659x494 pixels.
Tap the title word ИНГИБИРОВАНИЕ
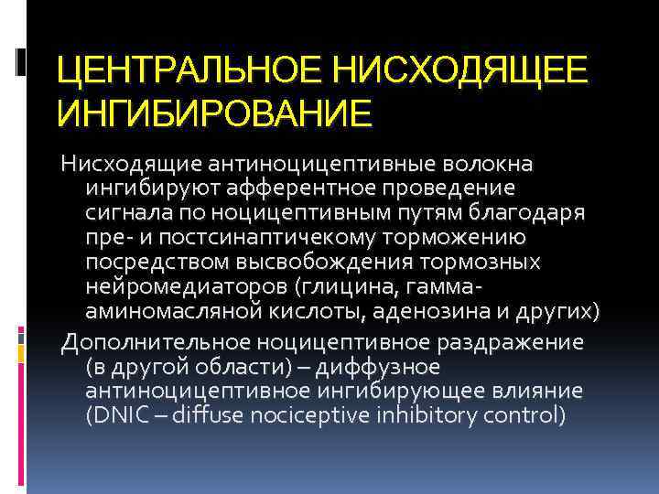(214, 114)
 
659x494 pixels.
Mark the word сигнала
(129, 213)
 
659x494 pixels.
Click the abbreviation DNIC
(117, 416)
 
